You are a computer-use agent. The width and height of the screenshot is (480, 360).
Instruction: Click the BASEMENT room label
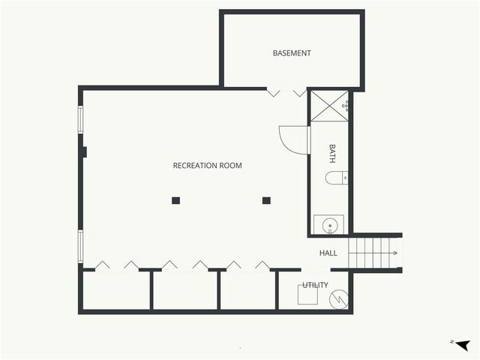(292, 53)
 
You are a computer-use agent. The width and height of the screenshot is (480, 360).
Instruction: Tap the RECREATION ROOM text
(207, 165)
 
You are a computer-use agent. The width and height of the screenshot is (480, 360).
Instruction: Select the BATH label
(332, 154)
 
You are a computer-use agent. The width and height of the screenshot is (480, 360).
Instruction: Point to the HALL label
(328, 253)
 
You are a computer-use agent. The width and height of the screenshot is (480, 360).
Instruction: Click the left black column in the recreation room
(175, 200)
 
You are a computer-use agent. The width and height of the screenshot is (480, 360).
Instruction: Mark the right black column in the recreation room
(266, 200)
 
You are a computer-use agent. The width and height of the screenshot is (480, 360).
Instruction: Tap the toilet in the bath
(336, 178)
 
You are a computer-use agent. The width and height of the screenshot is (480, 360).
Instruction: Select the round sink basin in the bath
(328, 225)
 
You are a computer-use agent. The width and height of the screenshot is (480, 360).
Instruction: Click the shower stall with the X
(329, 106)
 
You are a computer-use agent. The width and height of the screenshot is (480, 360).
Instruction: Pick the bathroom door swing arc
(293, 140)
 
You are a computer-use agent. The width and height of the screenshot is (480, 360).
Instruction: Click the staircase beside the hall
(375, 253)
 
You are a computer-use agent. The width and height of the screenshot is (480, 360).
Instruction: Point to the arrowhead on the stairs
(395, 253)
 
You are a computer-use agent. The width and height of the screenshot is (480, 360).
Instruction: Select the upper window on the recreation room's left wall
(81, 120)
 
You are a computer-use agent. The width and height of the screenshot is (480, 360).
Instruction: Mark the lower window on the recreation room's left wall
(81, 244)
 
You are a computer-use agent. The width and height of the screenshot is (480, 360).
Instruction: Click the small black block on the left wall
(84, 151)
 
